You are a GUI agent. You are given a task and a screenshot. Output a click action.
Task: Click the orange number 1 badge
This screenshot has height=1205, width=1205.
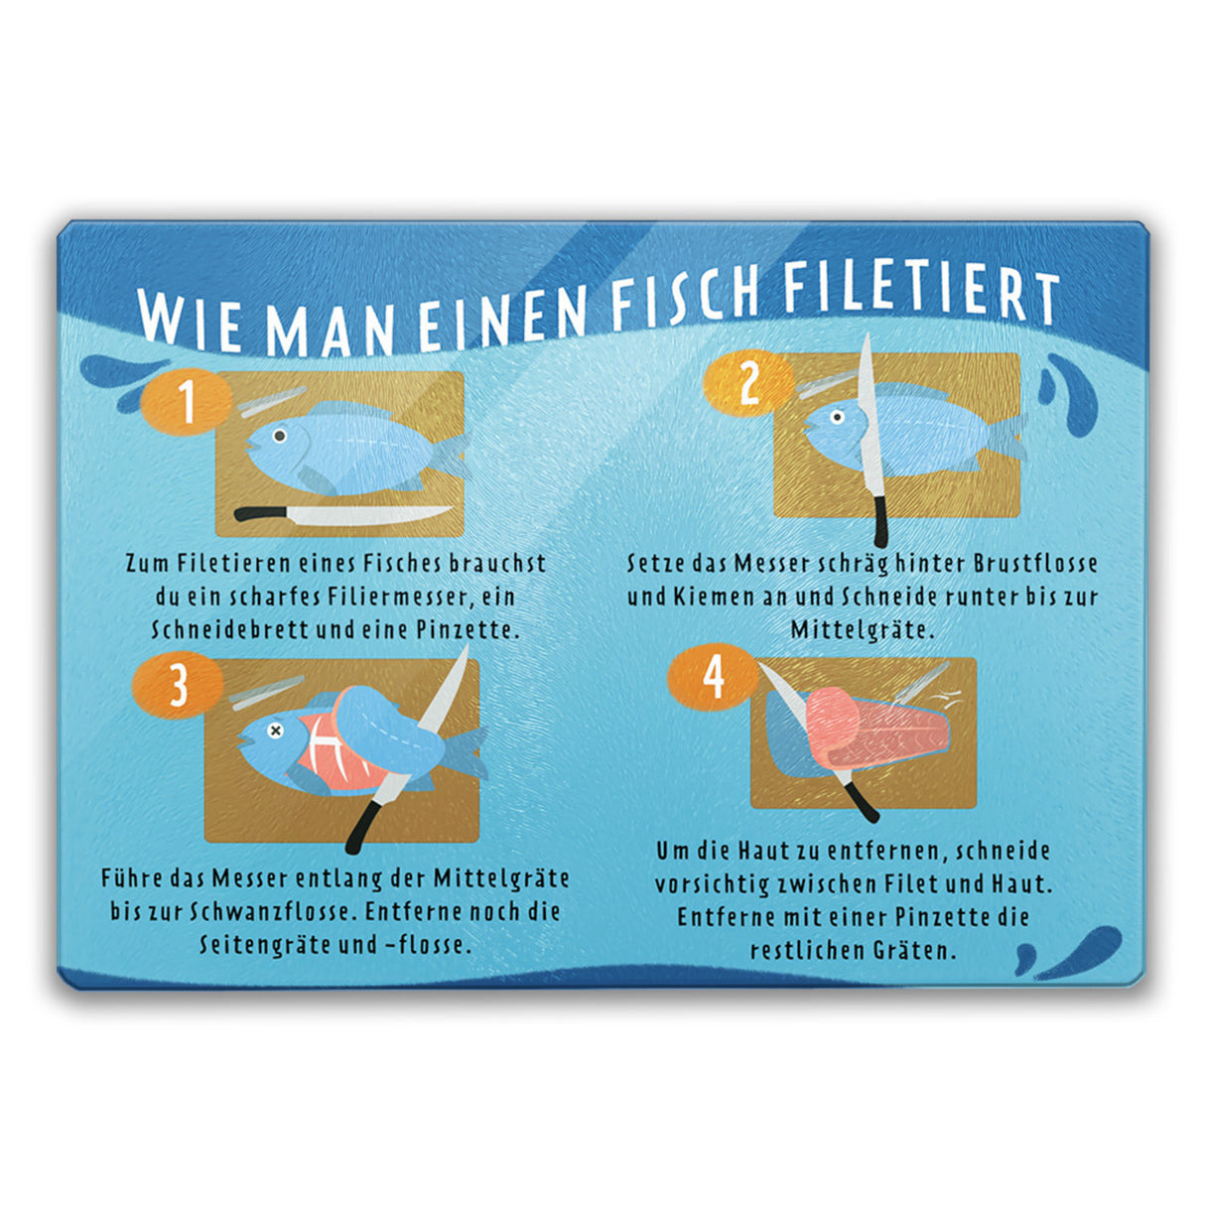pyautogui.click(x=186, y=402)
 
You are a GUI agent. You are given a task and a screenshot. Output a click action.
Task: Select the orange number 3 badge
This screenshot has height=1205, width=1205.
pyautogui.click(x=178, y=685)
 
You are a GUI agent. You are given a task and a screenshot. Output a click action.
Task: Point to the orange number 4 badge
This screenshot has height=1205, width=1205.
pyautogui.click(x=714, y=677)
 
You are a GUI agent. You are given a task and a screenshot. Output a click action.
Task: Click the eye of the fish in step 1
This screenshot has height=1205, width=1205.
pyautogui.click(x=280, y=435)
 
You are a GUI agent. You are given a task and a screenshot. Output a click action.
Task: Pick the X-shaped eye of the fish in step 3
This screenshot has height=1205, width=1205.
pyautogui.click(x=275, y=730)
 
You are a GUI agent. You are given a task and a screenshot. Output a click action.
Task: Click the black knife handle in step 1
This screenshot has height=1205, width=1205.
pyautogui.click(x=261, y=513)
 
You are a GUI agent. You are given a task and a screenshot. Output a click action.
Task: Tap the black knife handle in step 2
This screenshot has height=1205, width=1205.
pyautogui.click(x=880, y=521)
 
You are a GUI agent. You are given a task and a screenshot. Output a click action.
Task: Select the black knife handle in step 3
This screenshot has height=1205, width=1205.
pyautogui.click(x=362, y=827)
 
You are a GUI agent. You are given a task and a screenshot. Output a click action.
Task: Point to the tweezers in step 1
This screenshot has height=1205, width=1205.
pyautogui.click(x=272, y=402)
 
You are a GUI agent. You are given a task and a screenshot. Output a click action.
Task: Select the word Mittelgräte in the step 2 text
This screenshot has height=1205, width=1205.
pyautogui.click(x=863, y=629)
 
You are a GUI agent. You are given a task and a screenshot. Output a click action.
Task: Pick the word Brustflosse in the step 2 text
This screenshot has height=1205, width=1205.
pyautogui.click(x=1035, y=564)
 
